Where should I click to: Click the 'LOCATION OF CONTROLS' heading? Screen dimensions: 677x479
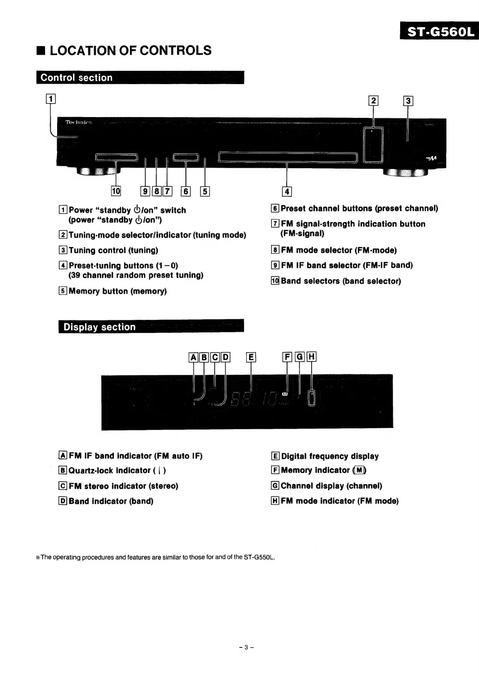click(130, 51)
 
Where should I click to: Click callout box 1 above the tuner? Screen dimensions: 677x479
click(51, 99)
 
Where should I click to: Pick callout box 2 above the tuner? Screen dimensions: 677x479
click(374, 101)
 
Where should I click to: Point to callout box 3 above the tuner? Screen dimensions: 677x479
click(408, 101)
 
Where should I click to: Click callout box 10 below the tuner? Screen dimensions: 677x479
click(116, 191)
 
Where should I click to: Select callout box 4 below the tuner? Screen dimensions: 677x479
click(287, 191)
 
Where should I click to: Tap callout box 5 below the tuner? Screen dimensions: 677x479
click(205, 191)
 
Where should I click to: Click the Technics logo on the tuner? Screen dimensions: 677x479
click(79, 122)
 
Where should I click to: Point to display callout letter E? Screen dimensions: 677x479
click(251, 357)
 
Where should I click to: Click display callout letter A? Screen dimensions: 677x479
click(193, 357)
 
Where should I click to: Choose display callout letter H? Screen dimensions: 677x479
click(311, 357)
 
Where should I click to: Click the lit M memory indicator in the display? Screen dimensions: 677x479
click(285, 395)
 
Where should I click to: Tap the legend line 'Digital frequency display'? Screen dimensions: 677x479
click(330, 456)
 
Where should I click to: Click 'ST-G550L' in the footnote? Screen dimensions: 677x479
click(259, 557)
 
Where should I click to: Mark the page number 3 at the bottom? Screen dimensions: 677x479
click(247, 647)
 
